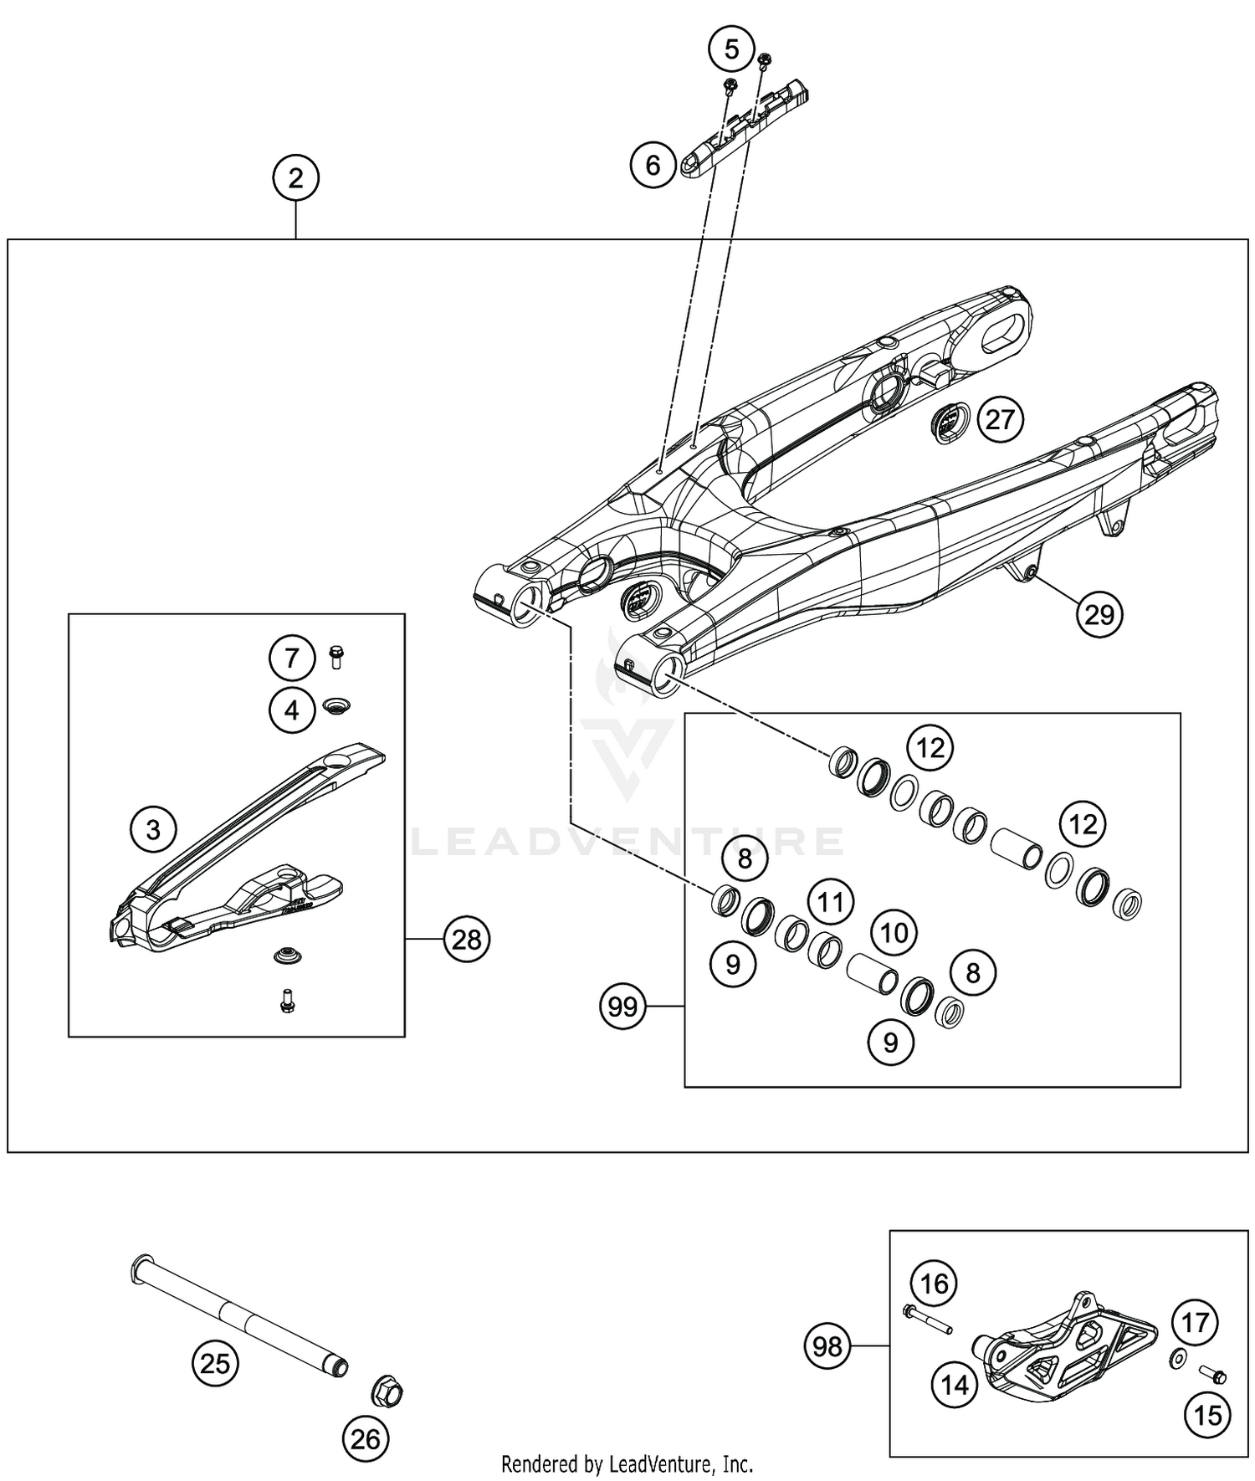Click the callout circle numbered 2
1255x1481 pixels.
tap(295, 178)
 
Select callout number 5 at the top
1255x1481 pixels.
tap(731, 50)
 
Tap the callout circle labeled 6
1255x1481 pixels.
tap(653, 165)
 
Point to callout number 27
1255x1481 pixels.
tap(1000, 419)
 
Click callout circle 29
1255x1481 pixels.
tap(1099, 615)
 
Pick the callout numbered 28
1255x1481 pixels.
tap(466, 940)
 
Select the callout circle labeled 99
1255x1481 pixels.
tap(623, 1006)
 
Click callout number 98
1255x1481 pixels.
tap(827, 1346)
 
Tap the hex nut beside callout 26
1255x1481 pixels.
tap(387, 1393)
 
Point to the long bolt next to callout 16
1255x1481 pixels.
tap(929, 1320)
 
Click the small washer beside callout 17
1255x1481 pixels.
tap(1176, 1359)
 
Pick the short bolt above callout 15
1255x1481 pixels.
tap(1211, 1375)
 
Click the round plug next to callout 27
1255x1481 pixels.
tap(950, 423)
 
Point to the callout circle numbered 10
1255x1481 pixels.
tap(894, 932)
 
